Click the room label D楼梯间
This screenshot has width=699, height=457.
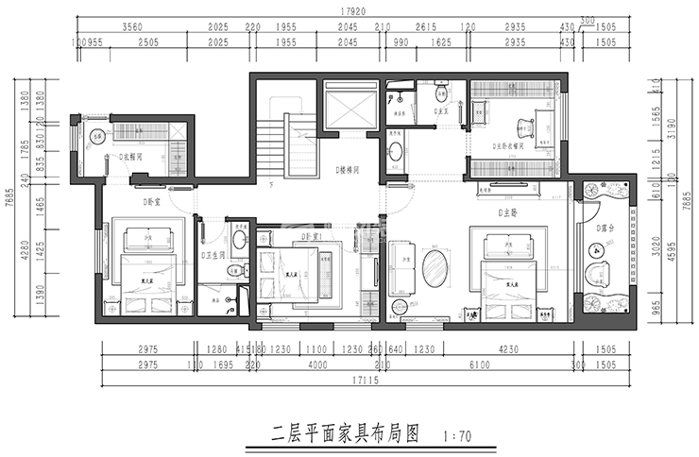tap(350, 170)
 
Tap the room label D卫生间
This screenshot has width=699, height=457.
tap(213, 255)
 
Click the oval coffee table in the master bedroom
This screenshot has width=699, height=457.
tap(435, 268)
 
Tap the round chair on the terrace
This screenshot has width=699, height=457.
tap(595, 251)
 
